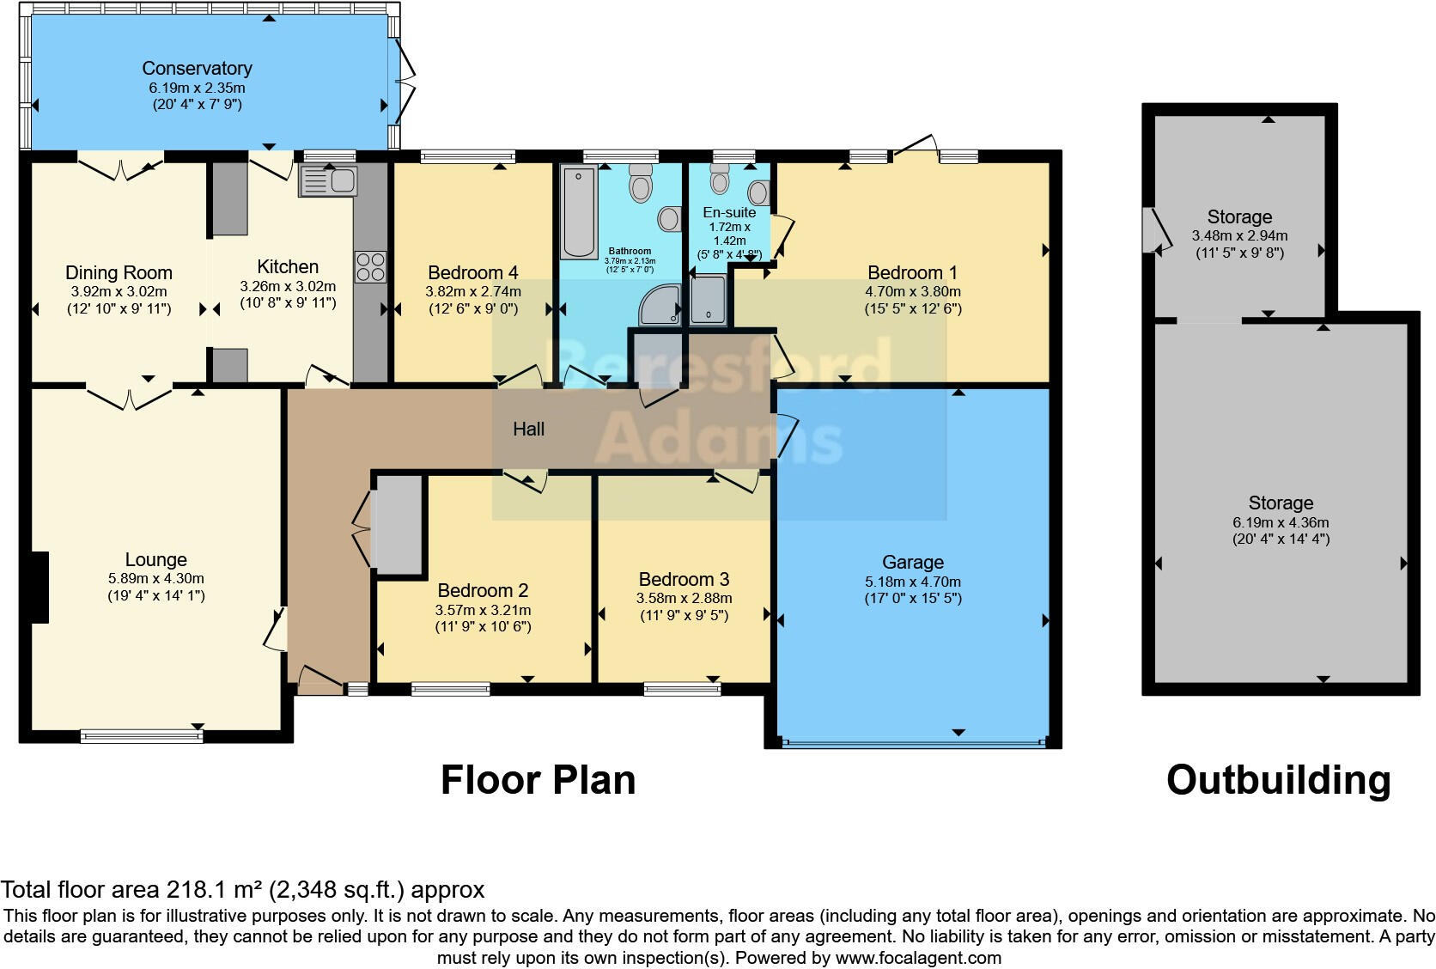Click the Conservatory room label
click(x=197, y=68)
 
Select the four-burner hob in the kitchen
click(x=370, y=267)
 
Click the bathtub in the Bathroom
click(x=579, y=212)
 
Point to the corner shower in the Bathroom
click(x=660, y=305)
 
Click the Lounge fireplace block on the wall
click(x=39, y=588)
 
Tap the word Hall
click(x=528, y=429)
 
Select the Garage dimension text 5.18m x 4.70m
click(x=913, y=582)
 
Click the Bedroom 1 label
click(x=912, y=272)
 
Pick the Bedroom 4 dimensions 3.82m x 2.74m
click(x=473, y=291)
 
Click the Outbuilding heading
click(x=1278, y=780)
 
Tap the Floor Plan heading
click(x=538, y=780)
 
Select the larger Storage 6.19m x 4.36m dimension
click(x=1281, y=522)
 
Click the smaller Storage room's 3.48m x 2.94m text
click(x=1240, y=235)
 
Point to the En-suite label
click(x=729, y=212)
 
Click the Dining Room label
click(x=119, y=272)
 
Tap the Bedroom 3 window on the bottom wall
click(x=682, y=690)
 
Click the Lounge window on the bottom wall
click(x=142, y=737)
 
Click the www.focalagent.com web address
click(x=919, y=958)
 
